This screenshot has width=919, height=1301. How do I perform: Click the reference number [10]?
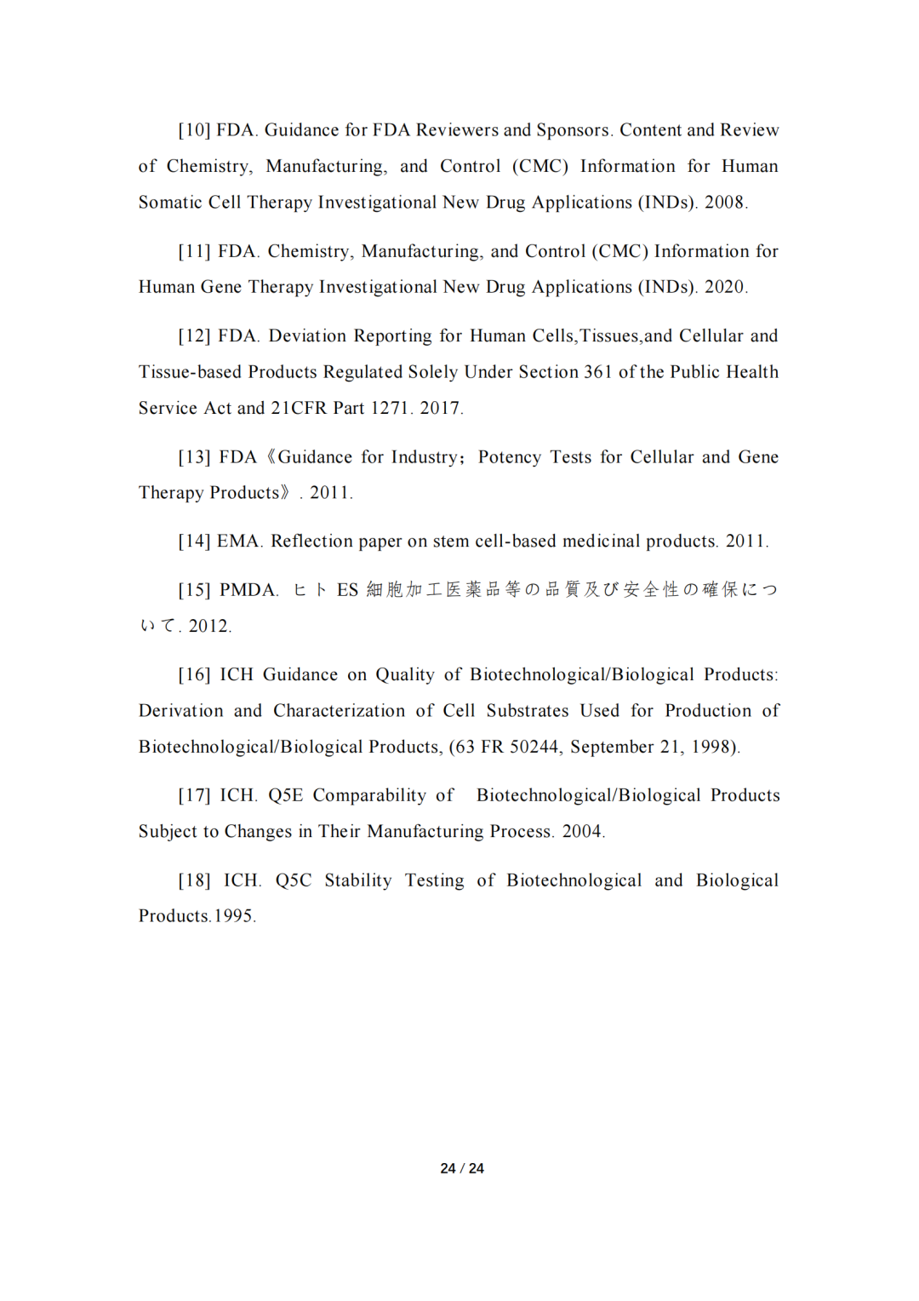(x=194, y=130)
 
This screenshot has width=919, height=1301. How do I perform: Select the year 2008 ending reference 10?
(x=724, y=203)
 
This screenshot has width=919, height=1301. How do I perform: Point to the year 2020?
(x=724, y=288)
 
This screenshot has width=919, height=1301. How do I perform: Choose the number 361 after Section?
(x=597, y=372)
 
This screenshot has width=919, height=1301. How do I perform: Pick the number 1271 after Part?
(x=389, y=409)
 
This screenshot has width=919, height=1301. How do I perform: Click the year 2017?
(x=440, y=409)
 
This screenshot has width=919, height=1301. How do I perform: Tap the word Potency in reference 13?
(x=509, y=457)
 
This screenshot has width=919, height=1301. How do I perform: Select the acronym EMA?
(x=238, y=542)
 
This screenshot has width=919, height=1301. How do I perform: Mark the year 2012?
(x=208, y=627)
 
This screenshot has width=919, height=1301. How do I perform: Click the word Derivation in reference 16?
(x=180, y=711)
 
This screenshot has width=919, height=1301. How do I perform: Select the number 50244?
(x=534, y=748)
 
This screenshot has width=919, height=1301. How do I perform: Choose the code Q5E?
(x=285, y=796)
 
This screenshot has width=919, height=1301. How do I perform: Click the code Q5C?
(x=293, y=881)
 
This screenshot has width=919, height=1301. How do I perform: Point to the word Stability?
(x=357, y=881)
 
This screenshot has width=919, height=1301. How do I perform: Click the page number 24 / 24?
(x=462, y=1169)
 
